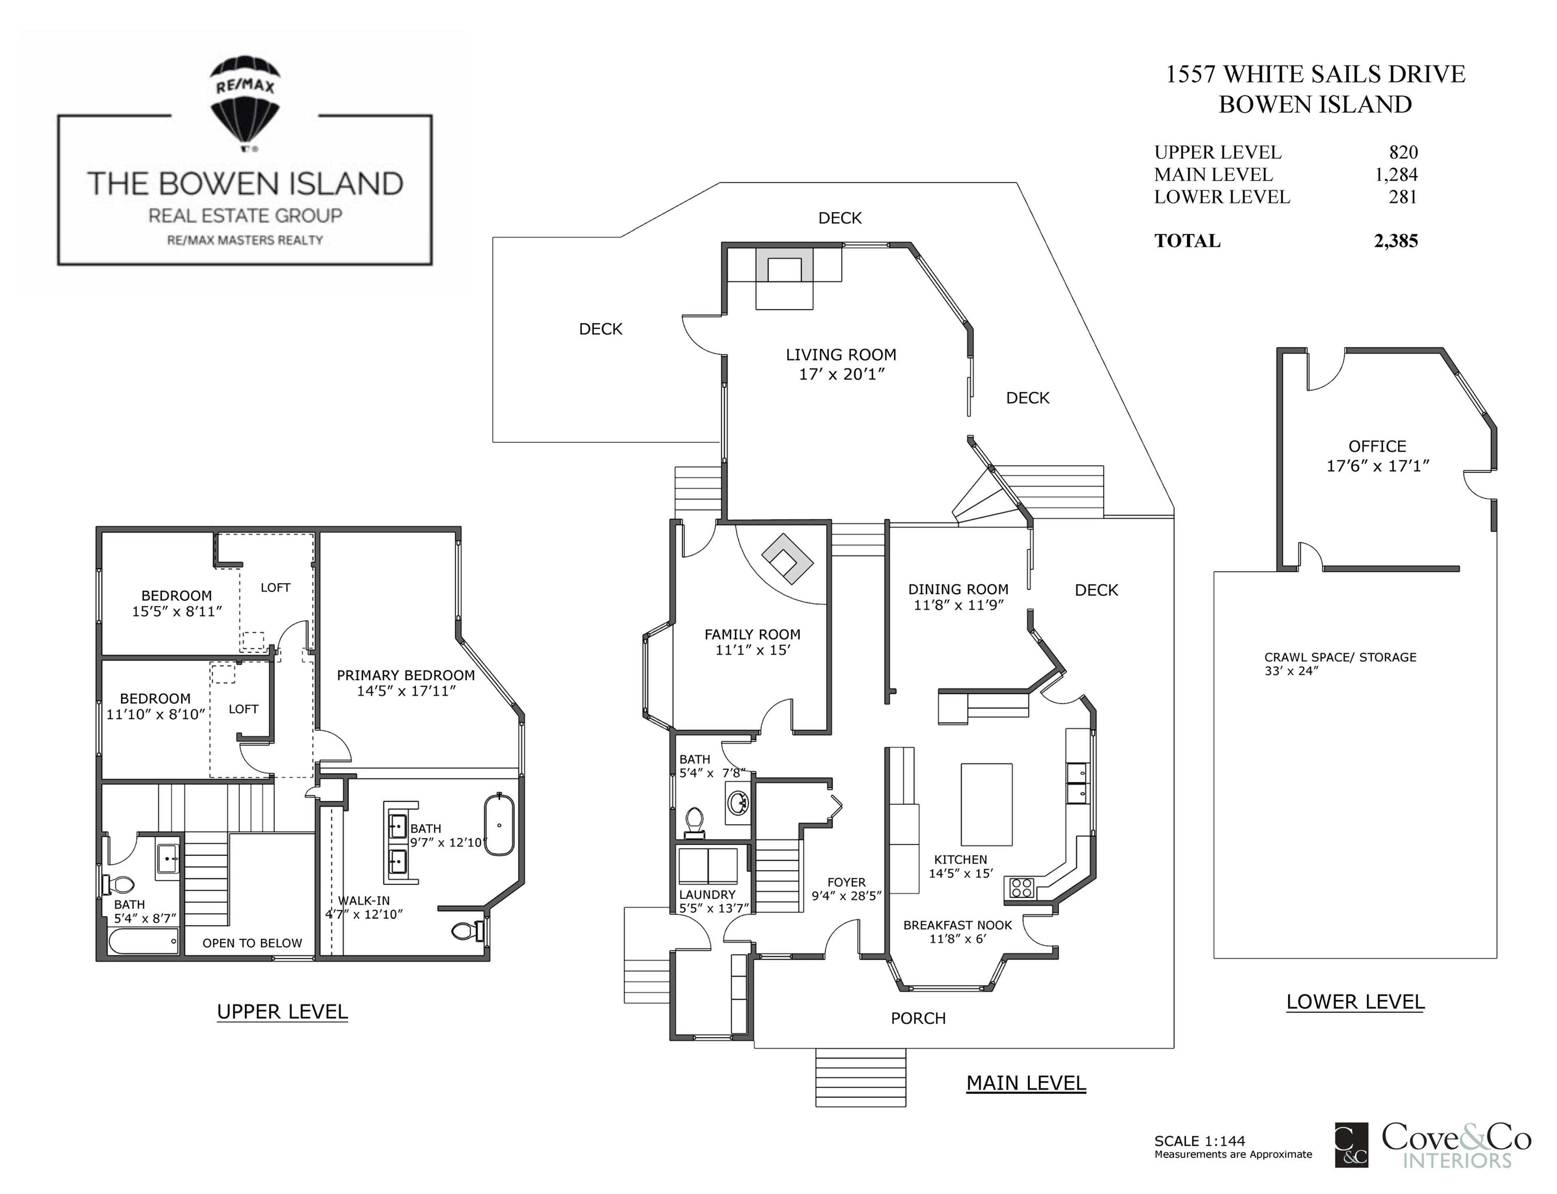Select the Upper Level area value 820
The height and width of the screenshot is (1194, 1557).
1403,152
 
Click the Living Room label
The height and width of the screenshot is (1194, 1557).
841,355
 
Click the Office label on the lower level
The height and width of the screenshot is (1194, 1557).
1377,446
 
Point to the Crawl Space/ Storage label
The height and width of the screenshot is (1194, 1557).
1339,657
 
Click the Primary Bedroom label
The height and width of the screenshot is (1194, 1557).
405,675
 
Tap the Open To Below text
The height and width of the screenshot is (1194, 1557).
252,943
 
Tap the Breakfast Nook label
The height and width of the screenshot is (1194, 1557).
957,925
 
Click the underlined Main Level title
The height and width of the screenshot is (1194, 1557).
1025,1083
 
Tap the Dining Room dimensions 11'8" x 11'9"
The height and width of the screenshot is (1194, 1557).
958,605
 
